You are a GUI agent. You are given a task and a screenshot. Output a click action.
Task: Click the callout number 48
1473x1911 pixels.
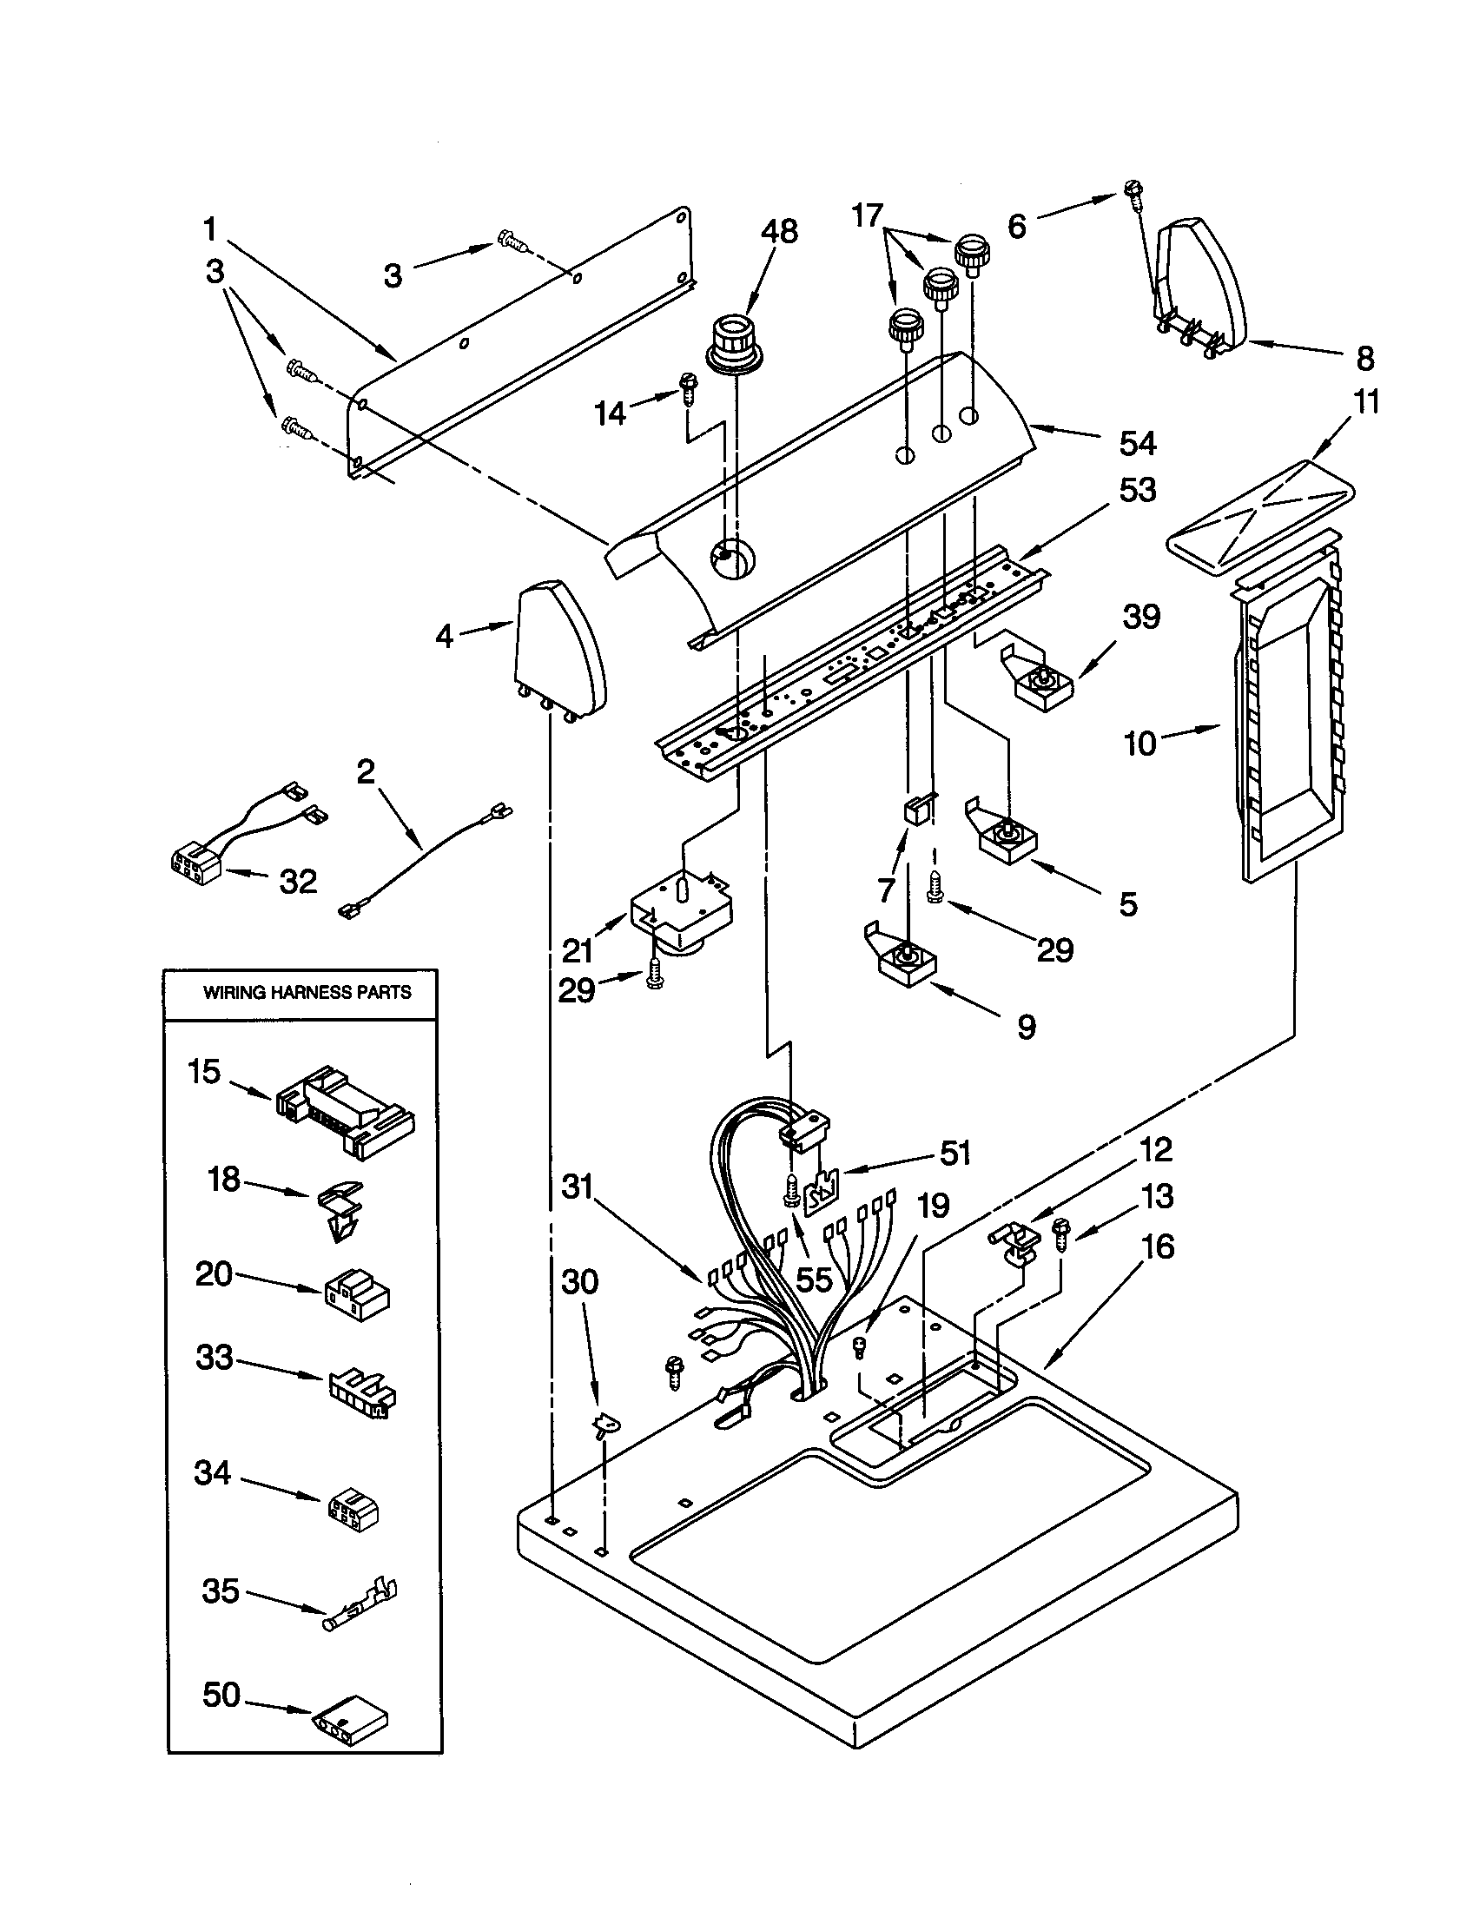(x=778, y=232)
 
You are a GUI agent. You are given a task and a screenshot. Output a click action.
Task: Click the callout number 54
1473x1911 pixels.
(x=1137, y=444)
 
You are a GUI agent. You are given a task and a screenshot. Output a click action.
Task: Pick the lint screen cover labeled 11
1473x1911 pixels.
(x=1259, y=516)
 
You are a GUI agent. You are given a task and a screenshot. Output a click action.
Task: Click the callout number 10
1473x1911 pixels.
(x=1139, y=744)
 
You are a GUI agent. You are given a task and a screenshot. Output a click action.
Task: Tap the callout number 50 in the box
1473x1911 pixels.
(x=221, y=1695)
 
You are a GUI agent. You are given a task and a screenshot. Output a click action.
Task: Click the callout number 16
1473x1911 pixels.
(x=1158, y=1246)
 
